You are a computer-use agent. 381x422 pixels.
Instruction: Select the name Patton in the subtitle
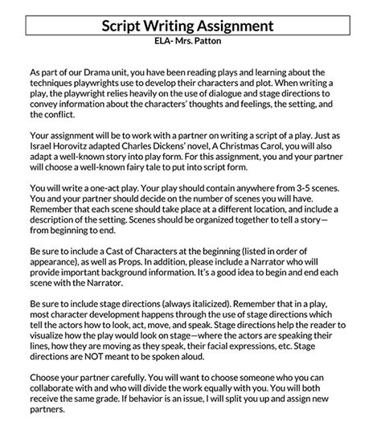coord(220,41)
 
